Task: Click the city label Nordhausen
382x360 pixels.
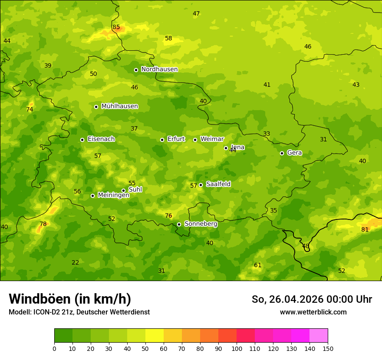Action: point(159,69)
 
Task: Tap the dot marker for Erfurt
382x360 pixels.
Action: point(162,140)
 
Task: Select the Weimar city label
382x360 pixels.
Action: point(212,139)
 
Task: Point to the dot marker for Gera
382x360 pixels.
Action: point(282,153)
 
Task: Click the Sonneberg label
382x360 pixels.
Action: point(201,224)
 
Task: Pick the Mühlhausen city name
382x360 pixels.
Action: point(119,106)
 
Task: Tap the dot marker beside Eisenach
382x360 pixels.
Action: point(82,140)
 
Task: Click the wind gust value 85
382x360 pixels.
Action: point(116,27)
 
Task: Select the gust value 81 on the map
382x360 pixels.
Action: point(365,229)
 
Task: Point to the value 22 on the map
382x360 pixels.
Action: point(76,262)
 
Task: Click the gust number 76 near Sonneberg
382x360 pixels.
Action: point(168,216)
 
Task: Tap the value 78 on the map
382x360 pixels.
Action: point(43,224)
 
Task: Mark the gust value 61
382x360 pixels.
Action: point(257,265)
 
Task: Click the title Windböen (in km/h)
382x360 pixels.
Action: point(70,299)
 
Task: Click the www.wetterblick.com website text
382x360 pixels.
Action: point(313,312)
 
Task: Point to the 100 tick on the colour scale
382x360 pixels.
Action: point(237,348)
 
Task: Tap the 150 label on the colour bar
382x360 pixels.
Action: point(328,348)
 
